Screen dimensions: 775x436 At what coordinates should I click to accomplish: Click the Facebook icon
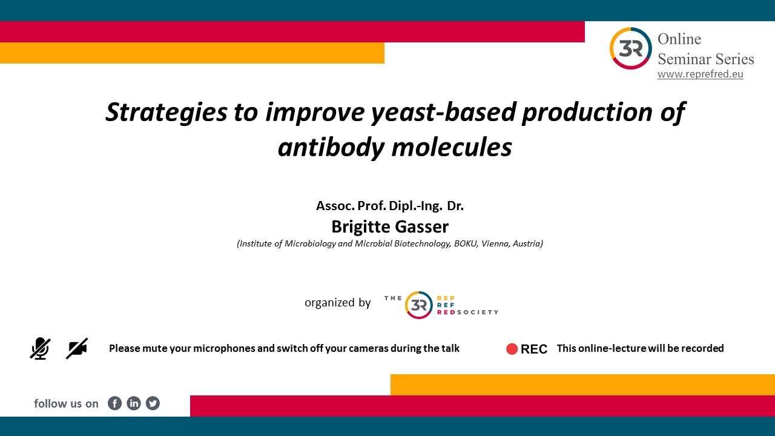114,403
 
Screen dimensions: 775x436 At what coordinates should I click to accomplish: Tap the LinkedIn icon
134,403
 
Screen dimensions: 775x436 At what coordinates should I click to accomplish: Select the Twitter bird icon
153,403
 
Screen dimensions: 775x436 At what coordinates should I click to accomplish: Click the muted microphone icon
40,348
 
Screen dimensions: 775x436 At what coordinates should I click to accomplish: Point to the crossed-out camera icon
77,348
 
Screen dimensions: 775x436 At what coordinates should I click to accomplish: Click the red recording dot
512,349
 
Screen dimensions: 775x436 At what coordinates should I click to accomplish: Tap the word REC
534,349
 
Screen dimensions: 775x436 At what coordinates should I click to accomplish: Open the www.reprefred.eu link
701,74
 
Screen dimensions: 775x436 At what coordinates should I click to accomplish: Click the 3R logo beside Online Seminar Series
630,48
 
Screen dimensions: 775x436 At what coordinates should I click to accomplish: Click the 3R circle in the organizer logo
418,305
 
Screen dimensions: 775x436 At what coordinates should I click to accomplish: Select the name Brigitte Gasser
390,227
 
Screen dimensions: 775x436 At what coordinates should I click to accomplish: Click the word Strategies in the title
167,113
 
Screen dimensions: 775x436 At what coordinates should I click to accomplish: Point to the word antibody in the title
331,147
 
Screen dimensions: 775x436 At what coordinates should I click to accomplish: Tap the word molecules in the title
452,147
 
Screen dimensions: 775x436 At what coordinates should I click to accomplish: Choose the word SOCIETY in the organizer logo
478,312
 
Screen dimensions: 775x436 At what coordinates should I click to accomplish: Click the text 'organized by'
337,303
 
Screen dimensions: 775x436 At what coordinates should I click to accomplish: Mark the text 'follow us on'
66,403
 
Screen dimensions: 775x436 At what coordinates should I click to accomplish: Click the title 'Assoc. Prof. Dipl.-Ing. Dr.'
390,206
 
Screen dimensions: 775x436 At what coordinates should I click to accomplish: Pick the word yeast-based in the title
444,113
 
